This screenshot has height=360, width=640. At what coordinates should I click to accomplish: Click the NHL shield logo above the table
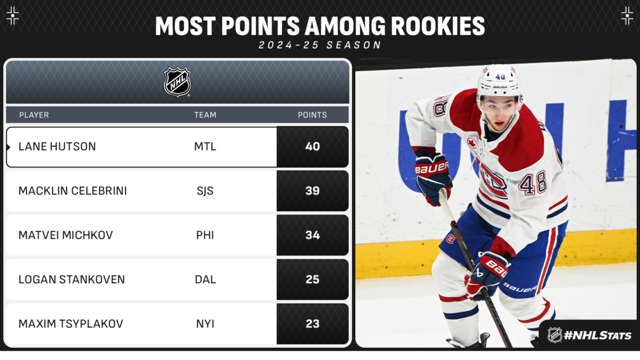tap(177, 82)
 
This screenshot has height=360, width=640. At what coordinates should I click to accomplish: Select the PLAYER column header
tap(34, 115)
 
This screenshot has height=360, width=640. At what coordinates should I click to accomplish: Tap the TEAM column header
tap(205, 115)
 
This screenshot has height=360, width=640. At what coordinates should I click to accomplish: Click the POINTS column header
tap(313, 115)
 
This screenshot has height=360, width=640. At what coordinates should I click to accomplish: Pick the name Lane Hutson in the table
tap(57, 147)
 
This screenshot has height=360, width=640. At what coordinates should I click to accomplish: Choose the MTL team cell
tap(205, 147)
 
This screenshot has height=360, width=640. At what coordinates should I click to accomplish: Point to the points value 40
tap(313, 147)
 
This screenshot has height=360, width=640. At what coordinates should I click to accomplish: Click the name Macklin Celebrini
tap(73, 191)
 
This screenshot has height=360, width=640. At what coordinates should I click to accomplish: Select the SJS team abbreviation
tap(205, 191)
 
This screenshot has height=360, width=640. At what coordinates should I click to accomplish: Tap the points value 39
tap(313, 191)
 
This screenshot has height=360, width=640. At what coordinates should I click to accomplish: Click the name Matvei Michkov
tap(66, 235)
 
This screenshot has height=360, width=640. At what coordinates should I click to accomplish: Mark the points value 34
tap(313, 235)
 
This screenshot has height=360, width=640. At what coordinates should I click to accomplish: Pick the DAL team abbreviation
tap(205, 279)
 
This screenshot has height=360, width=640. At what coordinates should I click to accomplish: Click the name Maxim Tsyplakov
tap(71, 324)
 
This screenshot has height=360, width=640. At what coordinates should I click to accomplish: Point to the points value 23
tap(313, 324)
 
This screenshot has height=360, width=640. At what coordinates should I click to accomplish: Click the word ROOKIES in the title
tap(438, 26)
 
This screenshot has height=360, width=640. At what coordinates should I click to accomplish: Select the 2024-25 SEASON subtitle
tap(320, 45)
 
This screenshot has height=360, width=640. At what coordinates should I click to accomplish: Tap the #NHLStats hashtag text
tap(597, 335)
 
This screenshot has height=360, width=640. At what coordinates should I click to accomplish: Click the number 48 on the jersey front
tap(533, 183)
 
